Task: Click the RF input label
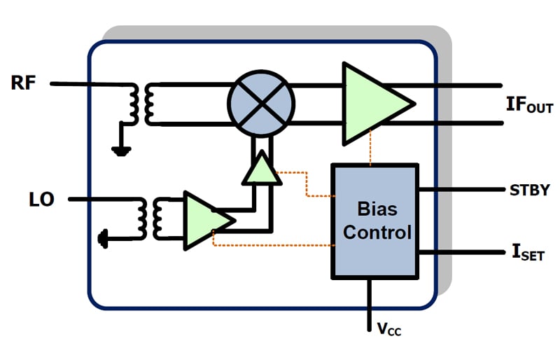pyautogui.click(x=24, y=83)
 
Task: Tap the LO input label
pyautogui.click(x=41, y=200)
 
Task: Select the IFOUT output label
pyautogui.click(x=530, y=105)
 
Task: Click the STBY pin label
pyautogui.click(x=529, y=191)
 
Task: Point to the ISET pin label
pyautogui.click(x=528, y=252)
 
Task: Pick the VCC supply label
pyautogui.click(x=389, y=329)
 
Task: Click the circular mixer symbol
pyautogui.click(x=261, y=104)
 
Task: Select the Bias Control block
pyautogui.click(x=375, y=221)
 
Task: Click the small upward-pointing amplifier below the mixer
pyautogui.click(x=262, y=169)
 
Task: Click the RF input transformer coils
pyautogui.click(x=141, y=104)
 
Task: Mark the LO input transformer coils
pyautogui.click(x=150, y=219)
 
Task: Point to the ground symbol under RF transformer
pyautogui.click(x=121, y=151)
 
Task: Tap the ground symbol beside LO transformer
pyautogui.click(x=103, y=239)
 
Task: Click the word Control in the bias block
pyautogui.click(x=377, y=233)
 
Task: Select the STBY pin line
pyautogui.click(x=462, y=189)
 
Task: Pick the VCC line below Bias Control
pyautogui.click(x=370, y=305)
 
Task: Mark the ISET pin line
pyautogui.click(x=462, y=252)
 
